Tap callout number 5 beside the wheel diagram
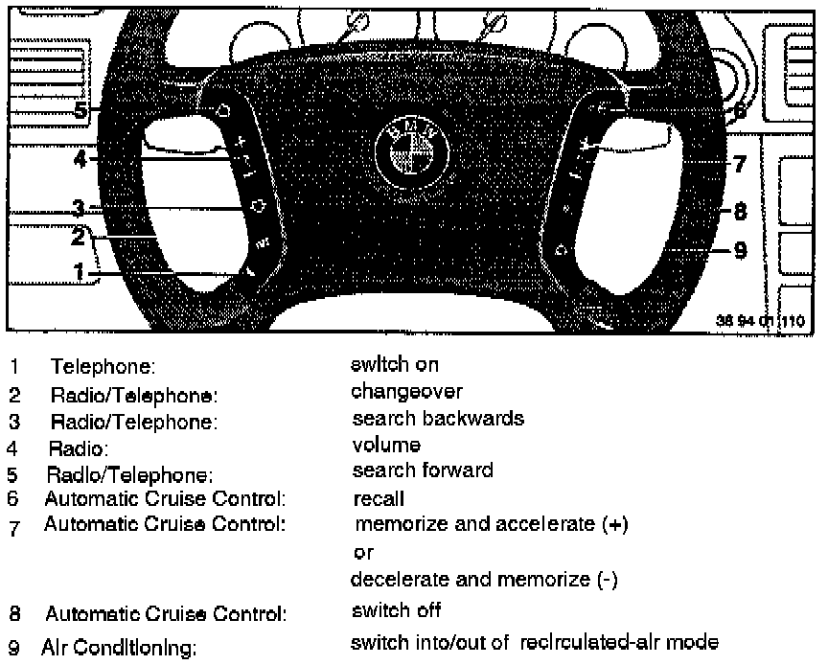tap(82, 112)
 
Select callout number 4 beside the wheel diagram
tap(82, 159)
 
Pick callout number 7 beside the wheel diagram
tap(740, 164)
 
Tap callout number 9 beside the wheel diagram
tap(740, 250)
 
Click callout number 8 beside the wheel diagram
tap(740, 208)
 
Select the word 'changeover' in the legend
tap(406, 391)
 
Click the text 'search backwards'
tap(438, 419)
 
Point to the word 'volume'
tap(386, 445)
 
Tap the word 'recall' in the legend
tap(379, 498)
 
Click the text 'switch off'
tap(396, 609)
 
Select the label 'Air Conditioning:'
tap(119, 648)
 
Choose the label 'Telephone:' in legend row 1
tap(103, 367)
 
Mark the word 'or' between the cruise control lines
tap(363, 553)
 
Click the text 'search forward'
tap(423, 470)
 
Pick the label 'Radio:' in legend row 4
tap(80, 447)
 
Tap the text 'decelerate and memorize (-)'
tap(484, 580)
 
